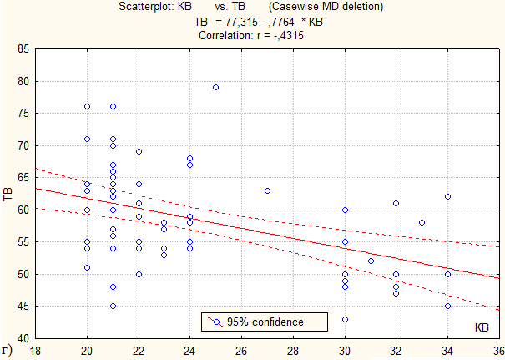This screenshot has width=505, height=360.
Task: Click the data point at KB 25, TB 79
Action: coord(216,88)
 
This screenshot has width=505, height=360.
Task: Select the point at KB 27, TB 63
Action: coord(267,190)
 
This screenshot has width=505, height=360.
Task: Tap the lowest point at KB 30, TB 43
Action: coord(345,319)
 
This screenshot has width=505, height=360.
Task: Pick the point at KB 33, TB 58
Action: coord(422,222)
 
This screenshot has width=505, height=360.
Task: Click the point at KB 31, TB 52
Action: coord(371,261)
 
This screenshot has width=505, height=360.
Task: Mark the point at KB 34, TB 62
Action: coord(447,196)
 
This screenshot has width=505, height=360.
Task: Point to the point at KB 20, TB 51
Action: coord(88,267)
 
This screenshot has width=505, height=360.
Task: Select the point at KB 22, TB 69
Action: coord(139,151)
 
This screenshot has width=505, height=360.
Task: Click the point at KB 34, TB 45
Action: coord(447,307)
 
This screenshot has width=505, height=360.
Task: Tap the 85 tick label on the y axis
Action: coord(23,49)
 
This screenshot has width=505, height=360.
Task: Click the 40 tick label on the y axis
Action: coord(23,339)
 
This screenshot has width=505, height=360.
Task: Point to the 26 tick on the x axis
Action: coord(241,351)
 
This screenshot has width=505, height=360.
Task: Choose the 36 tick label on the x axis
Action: coord(499,351)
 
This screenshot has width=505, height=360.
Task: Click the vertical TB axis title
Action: coord(8,194)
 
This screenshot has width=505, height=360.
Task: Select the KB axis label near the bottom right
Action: coord(482,327)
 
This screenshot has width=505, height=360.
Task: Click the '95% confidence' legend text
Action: coord(265,322)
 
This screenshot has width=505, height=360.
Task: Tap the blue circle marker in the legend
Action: coord(217,322)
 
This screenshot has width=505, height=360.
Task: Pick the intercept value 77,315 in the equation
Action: coord(241,22)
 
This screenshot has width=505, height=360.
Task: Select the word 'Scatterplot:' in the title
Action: coord(155,7)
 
